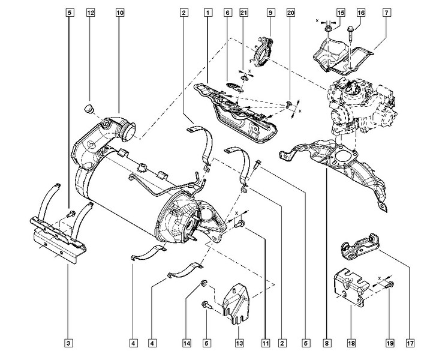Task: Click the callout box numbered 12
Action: (x=91, y=13)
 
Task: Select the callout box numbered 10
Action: (x=119, y=13)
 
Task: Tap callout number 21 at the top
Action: (x=244, y=13)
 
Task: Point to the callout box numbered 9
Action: (x=270, y=13)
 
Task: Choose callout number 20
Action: (x=291, y=13)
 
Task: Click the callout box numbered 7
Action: (x=387, y=13)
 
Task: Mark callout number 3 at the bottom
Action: (x=68, y=343)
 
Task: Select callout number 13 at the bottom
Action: (x=239, y=343)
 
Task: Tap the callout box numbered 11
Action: (x=266, y=343)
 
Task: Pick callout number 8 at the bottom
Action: (x=327, y=343)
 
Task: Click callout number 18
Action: (x=351, y=343)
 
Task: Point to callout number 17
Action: (x=410, y=343)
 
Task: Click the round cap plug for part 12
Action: (x=89, y=109)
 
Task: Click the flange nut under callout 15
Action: (x=329, y=29)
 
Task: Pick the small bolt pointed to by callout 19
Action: (x=390, y=285)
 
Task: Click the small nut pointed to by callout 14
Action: (x=203, y=283)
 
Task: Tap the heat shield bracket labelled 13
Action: (x=236, y=304)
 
